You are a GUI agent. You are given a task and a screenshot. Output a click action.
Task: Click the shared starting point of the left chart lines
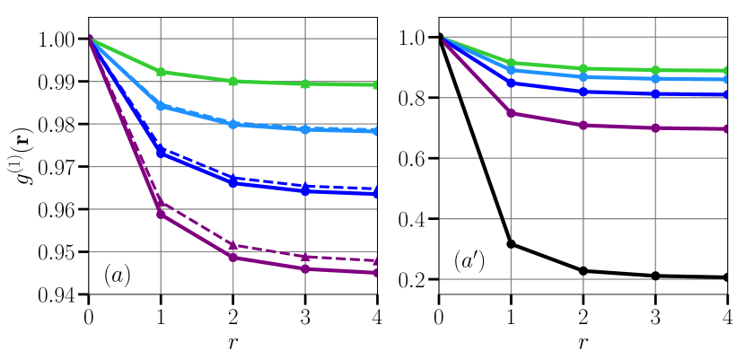click(89, 38)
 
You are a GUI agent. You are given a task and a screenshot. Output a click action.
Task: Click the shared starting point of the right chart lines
click(440, 37)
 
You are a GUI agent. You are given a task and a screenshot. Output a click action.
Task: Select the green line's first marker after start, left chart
click(161, 72)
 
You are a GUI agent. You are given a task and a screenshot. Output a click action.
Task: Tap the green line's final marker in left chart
click(375, 84)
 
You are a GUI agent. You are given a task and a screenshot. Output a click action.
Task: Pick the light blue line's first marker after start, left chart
click(161, 106)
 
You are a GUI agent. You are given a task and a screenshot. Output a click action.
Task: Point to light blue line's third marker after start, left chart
click(305, 129)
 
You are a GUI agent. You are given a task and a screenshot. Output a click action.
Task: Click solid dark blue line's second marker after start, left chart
click(233, 183)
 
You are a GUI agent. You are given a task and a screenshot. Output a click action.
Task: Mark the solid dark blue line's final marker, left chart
click(375, 193)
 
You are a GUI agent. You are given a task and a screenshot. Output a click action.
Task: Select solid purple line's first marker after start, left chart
click(161, 214)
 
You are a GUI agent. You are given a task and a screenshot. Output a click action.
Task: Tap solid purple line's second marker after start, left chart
click(233, 258)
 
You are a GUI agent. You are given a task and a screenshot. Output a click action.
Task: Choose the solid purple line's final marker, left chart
click(375, 273)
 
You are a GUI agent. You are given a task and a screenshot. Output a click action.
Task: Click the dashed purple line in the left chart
click(269, 251)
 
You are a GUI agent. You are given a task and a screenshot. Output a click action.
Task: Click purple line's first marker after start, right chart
click(511, 113)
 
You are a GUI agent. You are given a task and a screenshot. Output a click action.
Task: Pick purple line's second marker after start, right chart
click(583, 126)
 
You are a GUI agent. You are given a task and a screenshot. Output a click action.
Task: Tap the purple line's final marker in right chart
click(725, 128)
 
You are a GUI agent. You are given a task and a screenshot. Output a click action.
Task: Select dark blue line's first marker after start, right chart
click(511, 83)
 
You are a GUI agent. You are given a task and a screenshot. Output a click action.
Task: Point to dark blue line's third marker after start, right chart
click(655, 93)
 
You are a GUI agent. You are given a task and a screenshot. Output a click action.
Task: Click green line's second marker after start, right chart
click(583, 68)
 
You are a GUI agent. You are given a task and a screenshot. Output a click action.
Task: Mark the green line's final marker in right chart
click(725, 70)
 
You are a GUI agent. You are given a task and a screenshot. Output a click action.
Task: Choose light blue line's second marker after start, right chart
click(583, 77)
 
